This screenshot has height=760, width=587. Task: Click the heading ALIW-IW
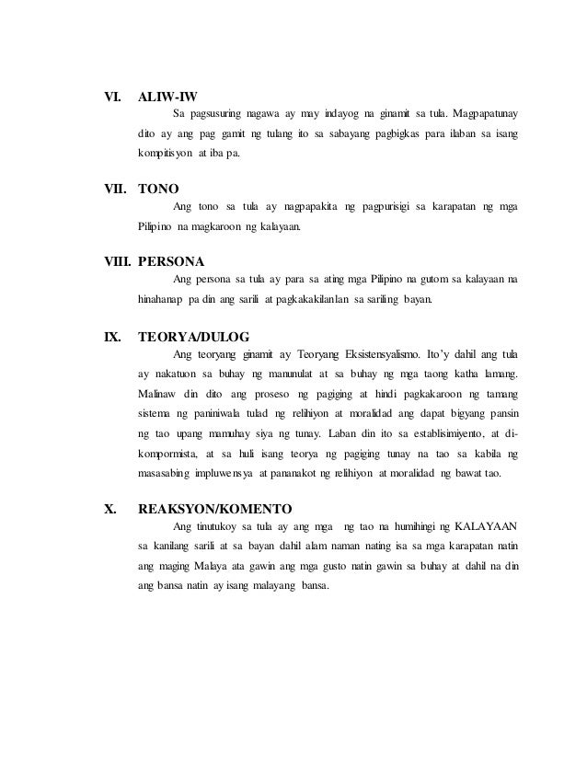click(x=167, y=96)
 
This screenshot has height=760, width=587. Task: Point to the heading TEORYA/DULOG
click(x=192, y=336)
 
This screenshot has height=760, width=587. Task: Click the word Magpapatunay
click(x=480, y=114)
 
